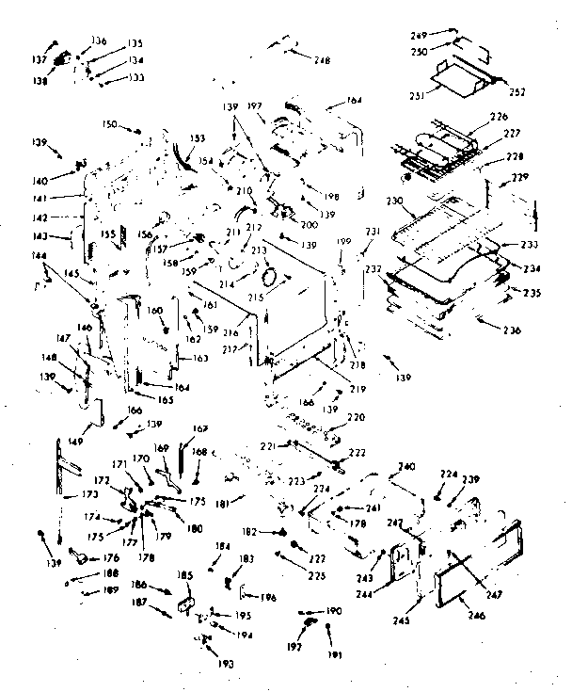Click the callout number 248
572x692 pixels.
click(323, 61)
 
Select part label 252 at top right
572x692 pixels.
click(517, 91)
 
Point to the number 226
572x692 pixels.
click(498, 118)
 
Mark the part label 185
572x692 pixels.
click(184, 574)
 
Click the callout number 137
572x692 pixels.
click(41, 58)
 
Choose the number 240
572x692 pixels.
click(405, 467)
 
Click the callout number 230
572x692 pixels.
click(394, 201)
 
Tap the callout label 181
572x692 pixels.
click(221, 503)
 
